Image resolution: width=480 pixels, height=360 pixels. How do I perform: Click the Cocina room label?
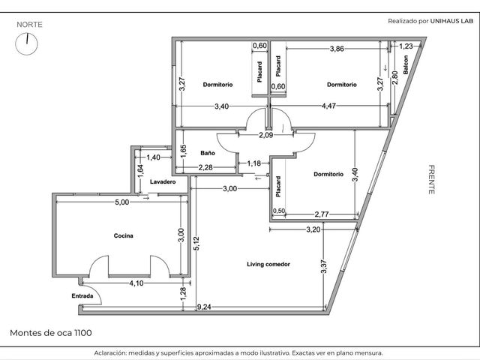click(123, 235)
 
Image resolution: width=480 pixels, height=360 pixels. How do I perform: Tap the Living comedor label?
click(268, 264)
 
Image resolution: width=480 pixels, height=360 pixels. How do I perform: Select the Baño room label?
click(208, 153)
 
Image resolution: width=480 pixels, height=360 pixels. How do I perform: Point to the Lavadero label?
click(163, 181)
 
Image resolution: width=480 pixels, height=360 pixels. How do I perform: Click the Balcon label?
click(406, 64)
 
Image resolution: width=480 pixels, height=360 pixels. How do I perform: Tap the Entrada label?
click(82, 296)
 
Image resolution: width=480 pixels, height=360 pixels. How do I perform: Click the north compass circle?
click(27, 44)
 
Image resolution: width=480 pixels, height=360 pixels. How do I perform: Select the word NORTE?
click(29, 25)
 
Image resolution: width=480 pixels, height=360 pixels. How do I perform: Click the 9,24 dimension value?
click(204, 307)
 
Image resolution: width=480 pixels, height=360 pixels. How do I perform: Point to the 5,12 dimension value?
click(196, 243)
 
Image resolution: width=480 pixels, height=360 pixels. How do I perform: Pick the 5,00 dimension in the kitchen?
click(121, 202)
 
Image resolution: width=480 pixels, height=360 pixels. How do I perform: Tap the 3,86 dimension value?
click(337, 49)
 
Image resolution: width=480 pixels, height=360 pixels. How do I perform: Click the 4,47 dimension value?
click(328, 106)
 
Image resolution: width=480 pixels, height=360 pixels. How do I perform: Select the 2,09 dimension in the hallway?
click(266, 135)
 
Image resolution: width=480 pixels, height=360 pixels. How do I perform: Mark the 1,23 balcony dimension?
click(406, 46)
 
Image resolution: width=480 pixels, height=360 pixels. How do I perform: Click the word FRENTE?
click(431, 180)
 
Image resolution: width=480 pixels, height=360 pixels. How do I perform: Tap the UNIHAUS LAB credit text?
click(451, 21)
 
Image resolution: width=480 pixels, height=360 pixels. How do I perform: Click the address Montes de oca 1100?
click(51, 333)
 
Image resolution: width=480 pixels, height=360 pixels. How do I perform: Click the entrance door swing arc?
click(95, 292)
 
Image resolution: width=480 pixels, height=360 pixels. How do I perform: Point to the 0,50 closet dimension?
click(278, 211)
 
